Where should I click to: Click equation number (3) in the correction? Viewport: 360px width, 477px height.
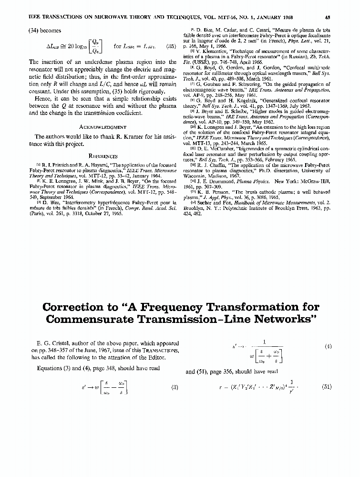pos(175,387)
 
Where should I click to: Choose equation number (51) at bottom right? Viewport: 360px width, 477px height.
pos(326,387)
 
